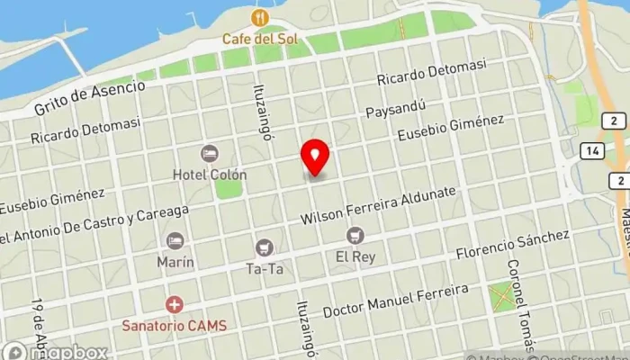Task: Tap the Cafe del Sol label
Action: (x=260, y=39)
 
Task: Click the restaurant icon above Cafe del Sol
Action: (x=260, y=18)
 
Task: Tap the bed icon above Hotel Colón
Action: (x=210, y=154)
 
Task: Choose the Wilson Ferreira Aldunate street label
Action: (x=380, y=206)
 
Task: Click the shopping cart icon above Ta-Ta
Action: (x=264, y=247)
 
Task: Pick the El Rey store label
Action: (x=355, y=256)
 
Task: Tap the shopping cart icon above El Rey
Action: (x=355, y=236)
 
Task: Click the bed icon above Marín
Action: (x=175, y=240)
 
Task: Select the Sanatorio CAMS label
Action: (x=176, y=325)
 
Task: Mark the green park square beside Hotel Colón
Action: (x=229, y=189)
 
